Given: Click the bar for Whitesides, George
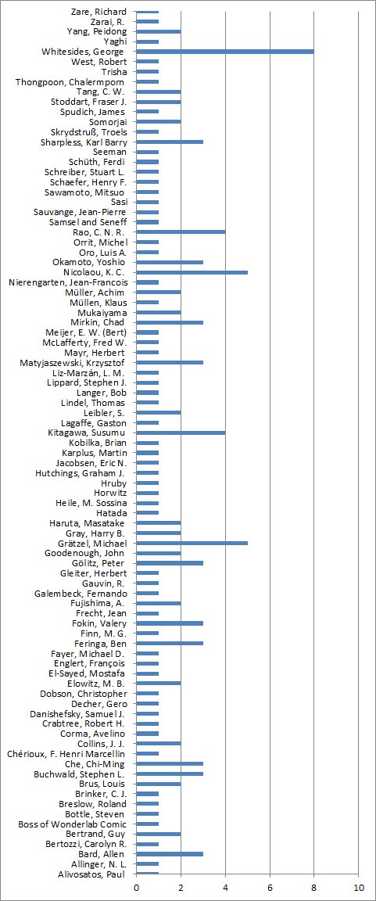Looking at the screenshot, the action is coord(225,52).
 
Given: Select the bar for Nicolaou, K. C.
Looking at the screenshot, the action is coord(192,272).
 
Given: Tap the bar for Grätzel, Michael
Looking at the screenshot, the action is coord(192,543).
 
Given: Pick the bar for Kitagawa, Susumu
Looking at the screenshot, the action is coord(181,433).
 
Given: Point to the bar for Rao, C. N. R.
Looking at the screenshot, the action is coord(181,232).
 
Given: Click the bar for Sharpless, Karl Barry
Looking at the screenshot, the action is coord(170,142).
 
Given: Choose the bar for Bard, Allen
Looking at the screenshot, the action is coord(170,854).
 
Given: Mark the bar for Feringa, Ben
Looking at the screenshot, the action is coord(170,643).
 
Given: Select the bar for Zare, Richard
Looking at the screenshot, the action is coord(148,12).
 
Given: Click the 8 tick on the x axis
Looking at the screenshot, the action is coord(314,888).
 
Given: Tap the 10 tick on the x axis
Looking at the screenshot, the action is coord(358,888).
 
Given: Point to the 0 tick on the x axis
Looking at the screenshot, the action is coord(137,888).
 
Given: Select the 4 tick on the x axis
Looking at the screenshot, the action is coord(226,888).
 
